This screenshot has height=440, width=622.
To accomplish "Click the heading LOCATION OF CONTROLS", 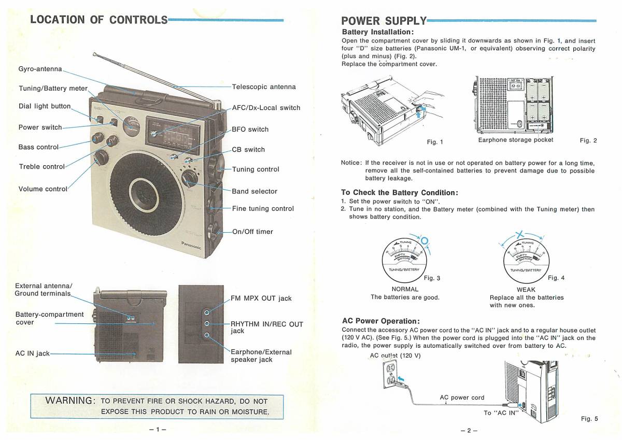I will pyautogui.click(x=98, y=20).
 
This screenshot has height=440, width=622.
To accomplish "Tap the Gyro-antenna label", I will pyautogui.click(x=40, y=69).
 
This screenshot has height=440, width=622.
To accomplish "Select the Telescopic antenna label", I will pyautogui.click(x=264, y=87).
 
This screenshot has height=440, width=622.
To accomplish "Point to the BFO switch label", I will pyautogui.click(x=250, y=130).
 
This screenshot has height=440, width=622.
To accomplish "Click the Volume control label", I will pyautogui.click(x=43, y=189).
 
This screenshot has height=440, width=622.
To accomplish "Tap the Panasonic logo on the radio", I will pyautogui.click(x=191, y=245).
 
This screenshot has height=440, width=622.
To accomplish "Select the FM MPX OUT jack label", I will pyautogui.click(x=261, y=299).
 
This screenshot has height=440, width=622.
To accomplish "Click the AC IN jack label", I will pyautogui.click(x=32, y=353).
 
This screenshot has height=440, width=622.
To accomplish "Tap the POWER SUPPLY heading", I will pyautogui.click(x=384, y=21).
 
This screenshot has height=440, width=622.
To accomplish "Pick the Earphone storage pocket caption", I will pyautogui.click(x=516, y=140).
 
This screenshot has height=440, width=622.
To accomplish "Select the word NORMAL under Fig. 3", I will pyautogui.click(x=405, y=289).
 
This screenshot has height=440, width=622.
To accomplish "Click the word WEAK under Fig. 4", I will pyautogui.click(x=526, y=289).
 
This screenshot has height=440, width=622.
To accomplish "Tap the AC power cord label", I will pyautogui.click(x=462, y=398).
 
